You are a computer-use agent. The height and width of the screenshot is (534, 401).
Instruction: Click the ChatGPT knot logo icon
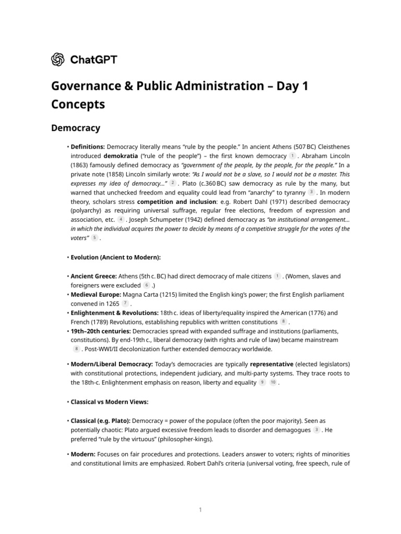pyautogui.click(x=58, y=59)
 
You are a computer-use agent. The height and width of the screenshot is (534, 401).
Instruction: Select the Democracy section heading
pyautogui.click(x=76, y=128)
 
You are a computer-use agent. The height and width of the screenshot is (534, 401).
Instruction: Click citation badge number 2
pyautogui.click(x=173, y=184)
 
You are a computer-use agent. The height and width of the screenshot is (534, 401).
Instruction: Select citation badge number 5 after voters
pyautogui.click(x=95, y=238)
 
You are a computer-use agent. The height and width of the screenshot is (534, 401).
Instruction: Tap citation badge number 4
pyautogui.click(x=121, y=220)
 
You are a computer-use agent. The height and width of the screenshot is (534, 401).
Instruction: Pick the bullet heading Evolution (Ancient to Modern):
pyautogui.click(x=116, y=258)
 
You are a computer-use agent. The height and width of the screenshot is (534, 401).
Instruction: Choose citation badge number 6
pyautogui.click(x=147, y=285)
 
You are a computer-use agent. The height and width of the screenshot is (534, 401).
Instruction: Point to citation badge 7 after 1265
pyautogui.click(x=125, y=304)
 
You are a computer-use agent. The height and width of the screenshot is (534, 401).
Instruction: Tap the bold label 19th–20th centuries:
pyautogui.click(x=101, y=331)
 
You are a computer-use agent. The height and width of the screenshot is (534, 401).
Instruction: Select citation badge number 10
pyautogui.click(x=273, y=383)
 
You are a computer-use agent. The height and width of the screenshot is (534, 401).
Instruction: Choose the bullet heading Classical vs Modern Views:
pyautogui.click(x=110, y=402)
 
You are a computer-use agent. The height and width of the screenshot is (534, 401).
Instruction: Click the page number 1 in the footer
pyautogui.click(x=200, y=509)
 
